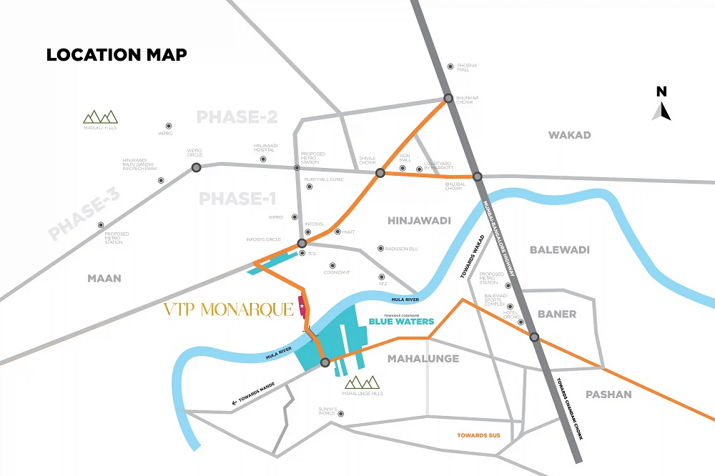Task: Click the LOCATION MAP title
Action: point(117,55)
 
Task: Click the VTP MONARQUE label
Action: point(229,309)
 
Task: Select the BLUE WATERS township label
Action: point(401,322)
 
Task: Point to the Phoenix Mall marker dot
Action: point(450,66)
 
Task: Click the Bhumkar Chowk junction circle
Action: point(448,98)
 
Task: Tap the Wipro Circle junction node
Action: point(196,167)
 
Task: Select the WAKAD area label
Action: point(569,135)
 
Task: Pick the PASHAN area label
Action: point(608,394)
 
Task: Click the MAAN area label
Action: point(104,278)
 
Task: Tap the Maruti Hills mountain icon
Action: point(99,116)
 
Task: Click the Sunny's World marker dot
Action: point(340,413)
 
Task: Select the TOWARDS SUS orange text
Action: point(480,435)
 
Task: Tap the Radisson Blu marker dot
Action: point(380,249)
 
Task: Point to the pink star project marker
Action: point(302,307)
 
